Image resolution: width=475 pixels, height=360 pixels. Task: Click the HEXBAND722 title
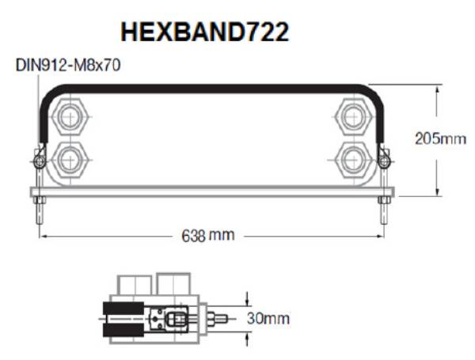pyautogui.click(x=204, y=32)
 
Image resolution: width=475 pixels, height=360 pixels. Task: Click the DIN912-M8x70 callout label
pyautogui.click(x=68, y=66)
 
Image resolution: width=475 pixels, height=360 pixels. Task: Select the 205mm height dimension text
pyautogui.click(x=440, y=138)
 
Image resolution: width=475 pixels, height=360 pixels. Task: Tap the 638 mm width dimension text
pyautogui.click(x=203, y=236)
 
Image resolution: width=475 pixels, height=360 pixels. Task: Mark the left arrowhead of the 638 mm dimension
pyautogui.click(x=46, y=236)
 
